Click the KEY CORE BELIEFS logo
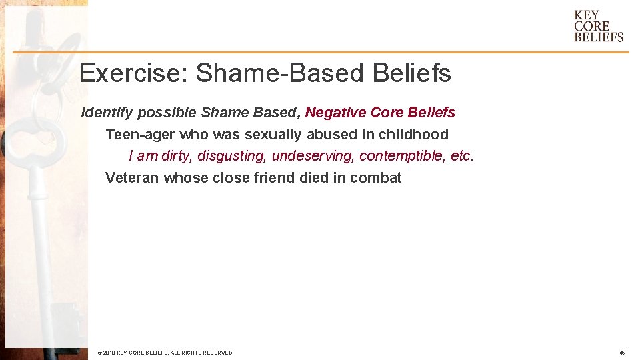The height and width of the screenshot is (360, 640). pyautogui.click(x=598, y=26)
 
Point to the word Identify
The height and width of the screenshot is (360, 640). pyautogui.click(x=107, y=112)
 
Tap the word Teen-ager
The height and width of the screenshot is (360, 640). pyautogui.click(x=140, y=134)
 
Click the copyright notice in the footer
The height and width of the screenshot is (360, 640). pyautogui.click(x=165, y=352)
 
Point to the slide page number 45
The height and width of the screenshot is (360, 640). pyautogui.click(x=621, y=352)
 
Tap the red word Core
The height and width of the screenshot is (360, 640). pyautogui.click(x=386, y=112)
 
